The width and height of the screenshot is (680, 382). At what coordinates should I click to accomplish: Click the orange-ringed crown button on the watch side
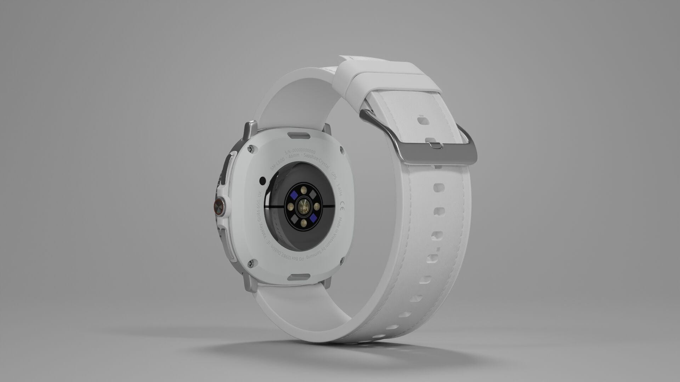219,206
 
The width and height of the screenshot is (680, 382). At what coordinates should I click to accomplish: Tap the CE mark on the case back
342,206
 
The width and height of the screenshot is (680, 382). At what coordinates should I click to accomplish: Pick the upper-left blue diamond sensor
294,196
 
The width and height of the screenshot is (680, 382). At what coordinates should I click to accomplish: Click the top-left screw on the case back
250,150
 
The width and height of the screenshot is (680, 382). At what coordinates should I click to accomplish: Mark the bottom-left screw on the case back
251,263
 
